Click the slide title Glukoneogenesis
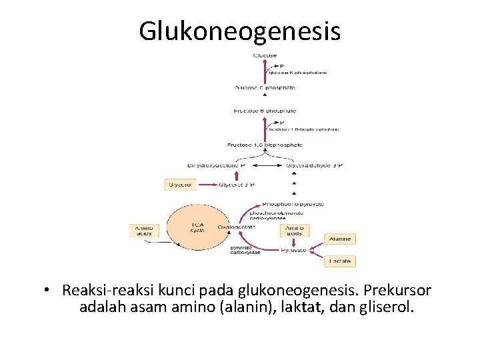239,31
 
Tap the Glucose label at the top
265,55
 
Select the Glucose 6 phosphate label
265,88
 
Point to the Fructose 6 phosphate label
265,111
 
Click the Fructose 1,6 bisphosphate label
265,144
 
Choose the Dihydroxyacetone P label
216,165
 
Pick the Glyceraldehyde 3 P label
314,165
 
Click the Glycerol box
180,185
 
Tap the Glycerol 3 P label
237,185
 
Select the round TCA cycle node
197,228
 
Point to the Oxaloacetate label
237,227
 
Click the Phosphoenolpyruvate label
294,204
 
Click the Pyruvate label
293,250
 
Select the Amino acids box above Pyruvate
294,231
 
